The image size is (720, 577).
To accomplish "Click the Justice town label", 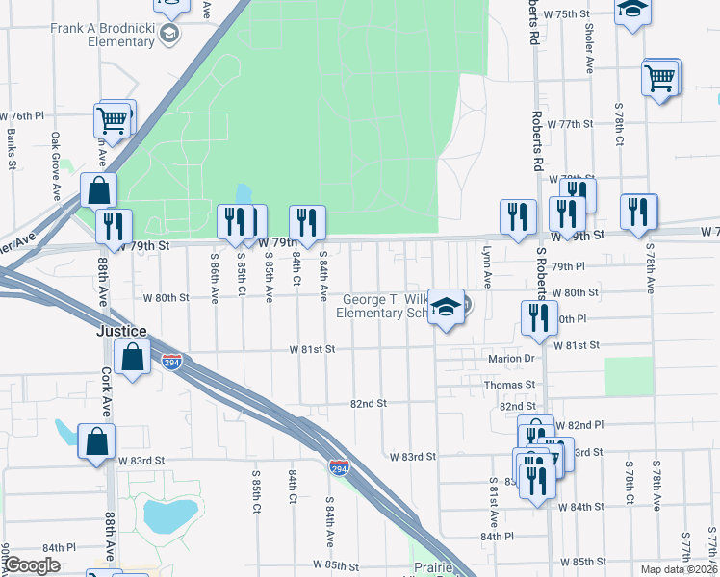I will click(122, 331).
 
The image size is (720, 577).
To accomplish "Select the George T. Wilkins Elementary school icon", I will click(446, 308).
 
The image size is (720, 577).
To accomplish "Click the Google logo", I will click(32, 565).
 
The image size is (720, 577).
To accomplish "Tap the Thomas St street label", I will click(510, 385).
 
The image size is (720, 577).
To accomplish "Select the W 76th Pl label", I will click(26, 115).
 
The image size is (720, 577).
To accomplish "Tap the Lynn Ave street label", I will click(487, 266).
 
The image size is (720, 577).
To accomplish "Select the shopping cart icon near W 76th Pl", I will click(112, 121).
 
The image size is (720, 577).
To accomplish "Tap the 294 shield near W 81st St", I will click(171, 362).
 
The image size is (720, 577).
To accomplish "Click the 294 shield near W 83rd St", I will click(339, 468).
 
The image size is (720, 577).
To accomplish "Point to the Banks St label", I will click(12, 150).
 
